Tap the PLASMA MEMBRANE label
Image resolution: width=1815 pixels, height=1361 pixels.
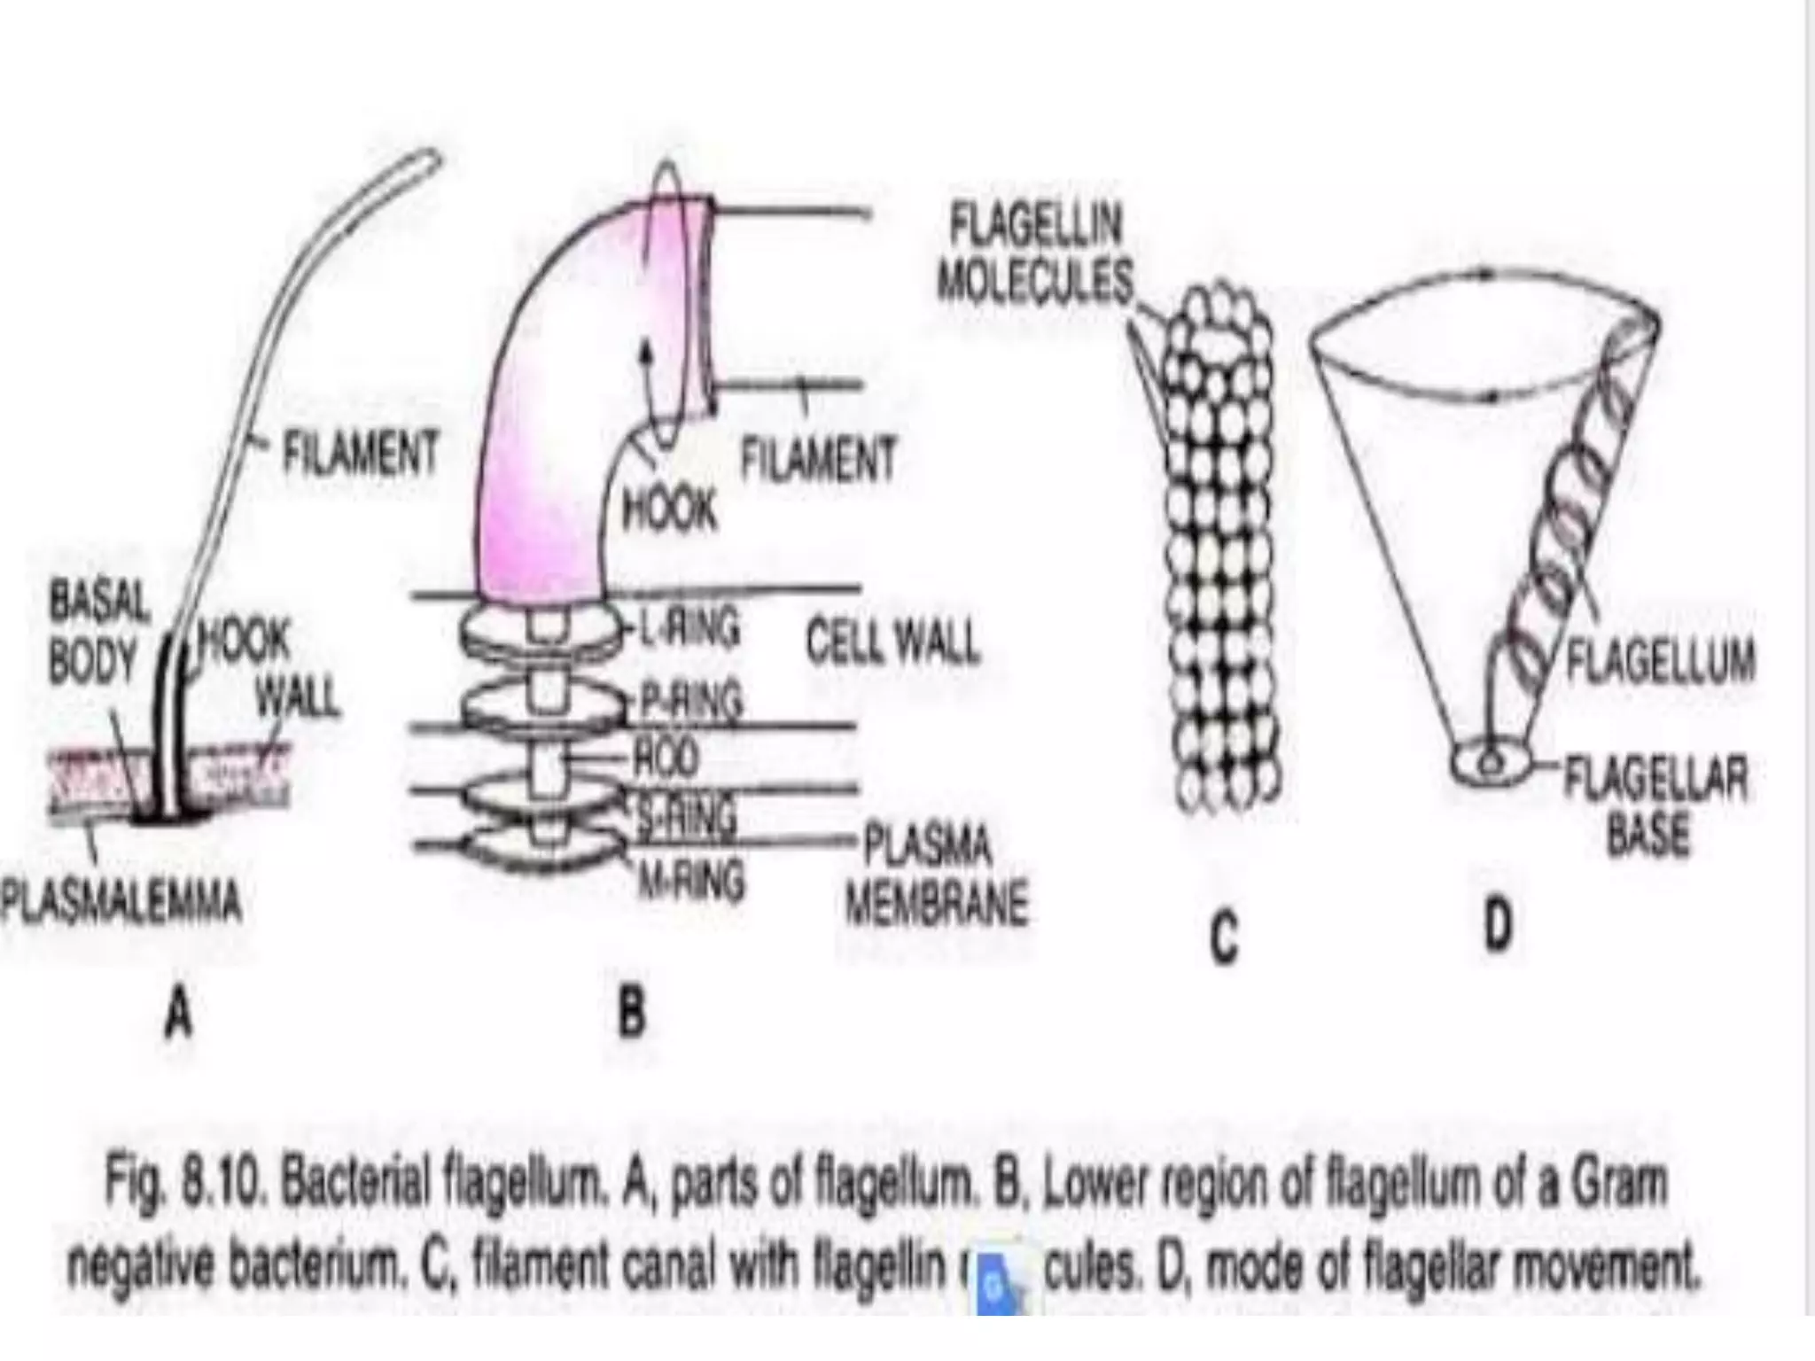[934, 874]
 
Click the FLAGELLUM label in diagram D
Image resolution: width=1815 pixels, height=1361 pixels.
[1661, 662]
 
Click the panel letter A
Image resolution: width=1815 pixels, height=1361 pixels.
[180, 1012]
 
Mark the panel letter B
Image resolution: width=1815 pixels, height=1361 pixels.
[631, 1012]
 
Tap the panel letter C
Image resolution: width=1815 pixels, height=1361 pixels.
[1224, 939]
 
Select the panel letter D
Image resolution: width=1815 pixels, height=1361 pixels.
[1497, 924]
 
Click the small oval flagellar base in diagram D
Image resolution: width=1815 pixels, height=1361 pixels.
[1491, 763]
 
